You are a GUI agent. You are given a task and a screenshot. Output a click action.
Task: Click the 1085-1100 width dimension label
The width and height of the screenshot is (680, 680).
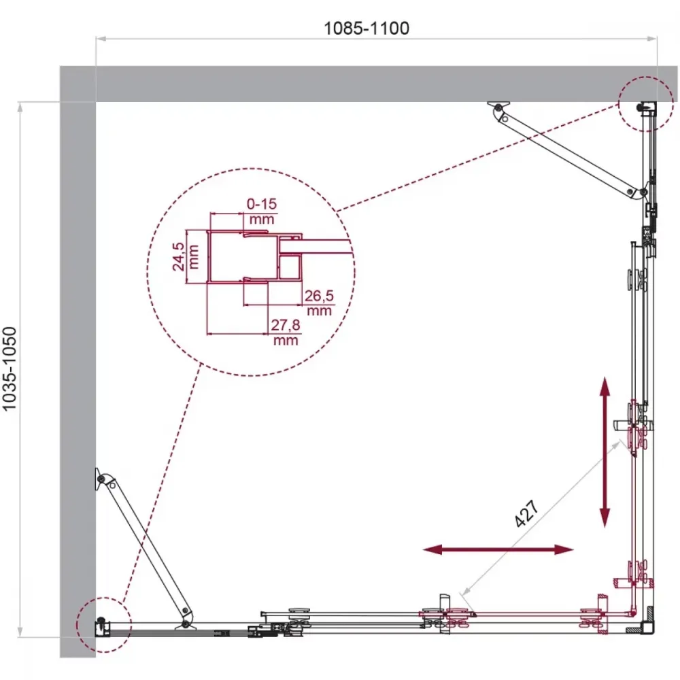tap(367, 28)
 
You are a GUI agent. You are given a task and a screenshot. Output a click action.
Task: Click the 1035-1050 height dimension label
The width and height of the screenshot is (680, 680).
tap(10, 369)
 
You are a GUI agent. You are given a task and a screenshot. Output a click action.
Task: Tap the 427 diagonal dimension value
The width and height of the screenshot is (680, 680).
tap(527, 513)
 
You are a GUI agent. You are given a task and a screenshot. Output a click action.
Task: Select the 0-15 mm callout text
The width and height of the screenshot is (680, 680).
tap(262, 211)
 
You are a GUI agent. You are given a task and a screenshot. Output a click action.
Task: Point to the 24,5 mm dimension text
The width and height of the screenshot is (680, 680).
tap(186, 257)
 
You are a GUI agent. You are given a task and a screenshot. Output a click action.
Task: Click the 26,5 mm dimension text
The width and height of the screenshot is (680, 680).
tap(319, 303)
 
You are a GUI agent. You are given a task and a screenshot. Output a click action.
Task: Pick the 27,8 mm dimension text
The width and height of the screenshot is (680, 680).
tap(286, 332)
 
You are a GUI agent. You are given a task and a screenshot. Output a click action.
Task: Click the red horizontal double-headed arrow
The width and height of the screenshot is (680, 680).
tap(498, 550)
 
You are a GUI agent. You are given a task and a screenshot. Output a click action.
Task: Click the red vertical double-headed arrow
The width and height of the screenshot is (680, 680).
tap(605, 452)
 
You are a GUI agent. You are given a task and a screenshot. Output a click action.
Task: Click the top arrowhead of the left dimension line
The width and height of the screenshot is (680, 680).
tap(20, 107)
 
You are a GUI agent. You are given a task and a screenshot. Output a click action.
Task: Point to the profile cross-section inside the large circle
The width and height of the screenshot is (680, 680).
tap(255, 257)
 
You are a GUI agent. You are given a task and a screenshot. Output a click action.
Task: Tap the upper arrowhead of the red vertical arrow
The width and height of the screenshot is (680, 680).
tap(605, 386)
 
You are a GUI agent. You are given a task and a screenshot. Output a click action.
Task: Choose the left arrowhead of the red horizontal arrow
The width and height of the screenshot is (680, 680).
tap(432, 550)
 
